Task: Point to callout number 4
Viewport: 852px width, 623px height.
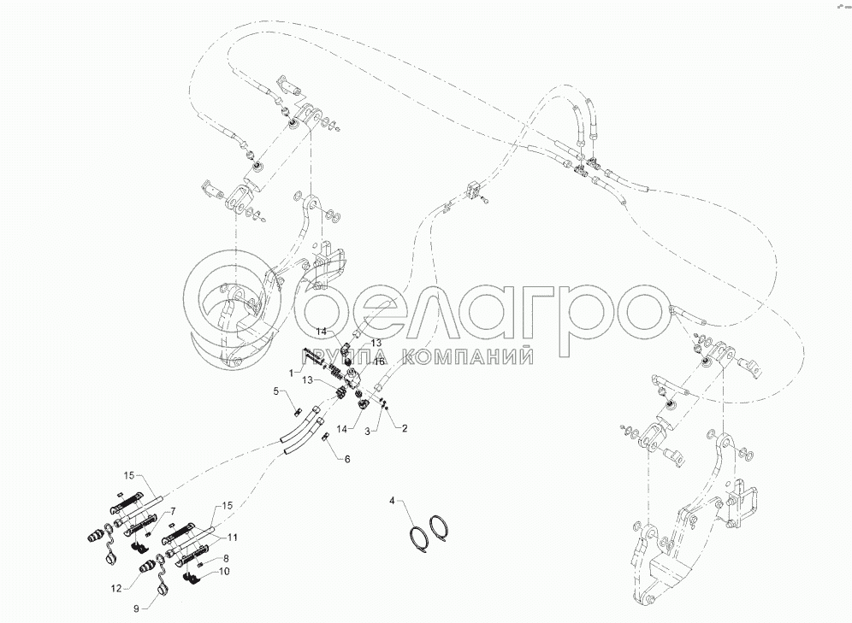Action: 393,499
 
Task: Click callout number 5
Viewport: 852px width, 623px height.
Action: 276,391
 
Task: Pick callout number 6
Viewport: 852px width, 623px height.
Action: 347,460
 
